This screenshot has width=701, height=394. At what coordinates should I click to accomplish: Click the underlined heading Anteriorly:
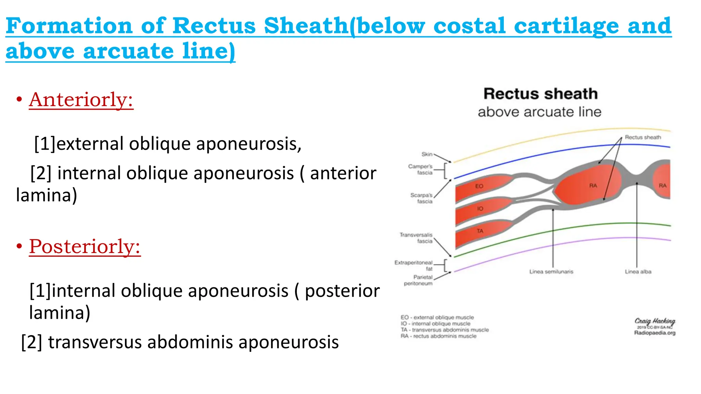click(x=81, y=100)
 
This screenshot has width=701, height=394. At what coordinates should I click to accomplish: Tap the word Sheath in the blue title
click(x=306, y=26)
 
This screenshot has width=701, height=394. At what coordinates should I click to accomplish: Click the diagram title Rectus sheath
click(x=540, y=94)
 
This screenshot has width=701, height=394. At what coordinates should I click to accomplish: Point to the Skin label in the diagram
click(x=427, y=154)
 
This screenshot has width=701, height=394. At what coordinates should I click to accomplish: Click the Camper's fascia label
click(x=420, y=169)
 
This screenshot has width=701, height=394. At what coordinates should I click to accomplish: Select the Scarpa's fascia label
click(x=421, y=198)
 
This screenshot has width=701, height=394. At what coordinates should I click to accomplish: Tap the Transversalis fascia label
click(x=416, y=238)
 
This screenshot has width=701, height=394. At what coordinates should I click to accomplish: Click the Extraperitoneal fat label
click(x=413, y=265)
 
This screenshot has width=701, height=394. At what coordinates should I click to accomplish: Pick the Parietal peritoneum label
click(x=418, y=280)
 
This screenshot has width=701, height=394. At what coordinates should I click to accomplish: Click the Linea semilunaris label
click(x=551, y=272)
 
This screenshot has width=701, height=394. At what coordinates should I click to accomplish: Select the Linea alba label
click(x=638, y=272)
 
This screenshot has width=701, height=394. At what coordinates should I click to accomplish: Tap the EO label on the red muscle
click(x=479, y=186)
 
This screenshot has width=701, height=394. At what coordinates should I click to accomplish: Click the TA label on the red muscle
click(x=480, y=231)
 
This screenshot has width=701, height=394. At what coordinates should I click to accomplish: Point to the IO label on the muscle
click(x=480, y=209)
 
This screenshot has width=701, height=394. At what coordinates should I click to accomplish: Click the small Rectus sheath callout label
click(x=643, y=137)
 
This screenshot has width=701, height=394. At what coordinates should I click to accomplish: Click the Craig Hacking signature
click(x=654, y=321)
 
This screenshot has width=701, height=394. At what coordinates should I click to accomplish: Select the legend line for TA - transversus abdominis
click(x=445, y=330)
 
